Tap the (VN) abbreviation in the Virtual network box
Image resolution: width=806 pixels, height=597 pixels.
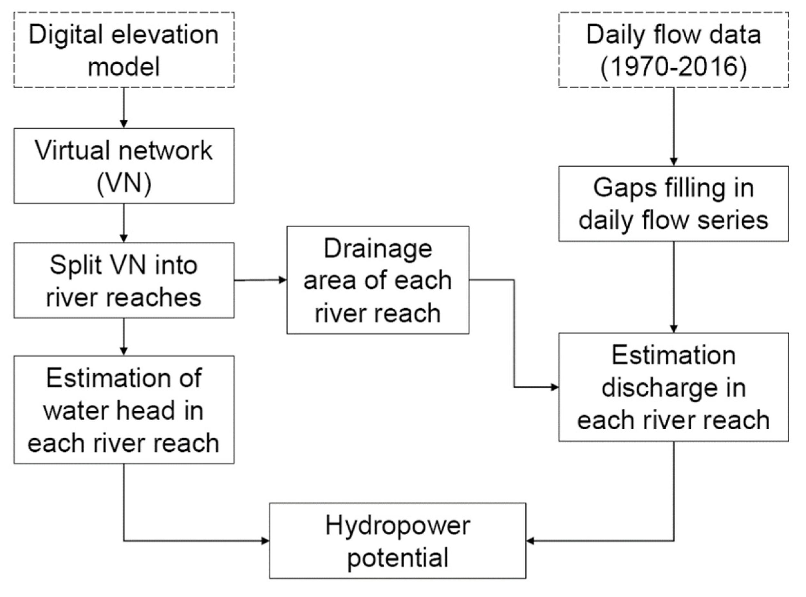(x=124, y=183)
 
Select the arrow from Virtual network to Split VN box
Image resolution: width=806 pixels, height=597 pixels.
(x=124, y=223)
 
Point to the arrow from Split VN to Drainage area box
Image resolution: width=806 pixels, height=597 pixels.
(x=260, y=280)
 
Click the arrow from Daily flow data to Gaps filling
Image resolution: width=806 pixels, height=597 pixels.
(x=673, y=126)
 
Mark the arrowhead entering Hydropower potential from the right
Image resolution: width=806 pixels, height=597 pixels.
(x=530, y=541)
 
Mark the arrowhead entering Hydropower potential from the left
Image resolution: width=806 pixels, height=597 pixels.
(x=265, y=541)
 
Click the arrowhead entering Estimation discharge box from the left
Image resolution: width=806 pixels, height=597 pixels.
(x=554, y=387)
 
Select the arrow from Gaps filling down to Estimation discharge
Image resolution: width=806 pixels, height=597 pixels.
(x=673, y=287)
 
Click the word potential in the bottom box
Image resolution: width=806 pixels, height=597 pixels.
(x=398, y=558)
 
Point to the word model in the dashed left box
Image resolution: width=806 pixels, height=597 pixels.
(x=124, y=67)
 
